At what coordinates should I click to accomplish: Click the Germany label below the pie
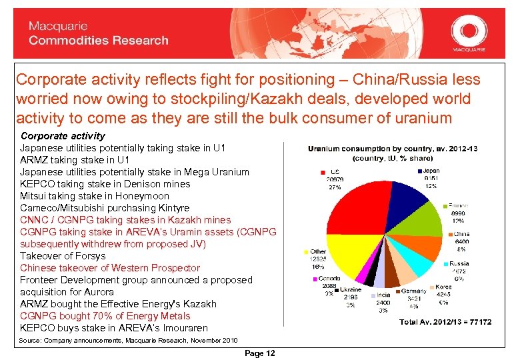coord(414,291)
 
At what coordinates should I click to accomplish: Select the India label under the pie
coord(383,295)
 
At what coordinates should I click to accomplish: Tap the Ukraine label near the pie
coord(352,291)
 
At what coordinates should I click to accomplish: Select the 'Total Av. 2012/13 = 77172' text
coord(445,322)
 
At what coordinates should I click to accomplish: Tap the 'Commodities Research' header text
coord(99,41)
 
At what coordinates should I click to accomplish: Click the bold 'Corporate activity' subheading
coord(63,136)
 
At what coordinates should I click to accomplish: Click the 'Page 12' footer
coord(259,353)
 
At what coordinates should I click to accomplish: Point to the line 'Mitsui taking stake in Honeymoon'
coord(95,196)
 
